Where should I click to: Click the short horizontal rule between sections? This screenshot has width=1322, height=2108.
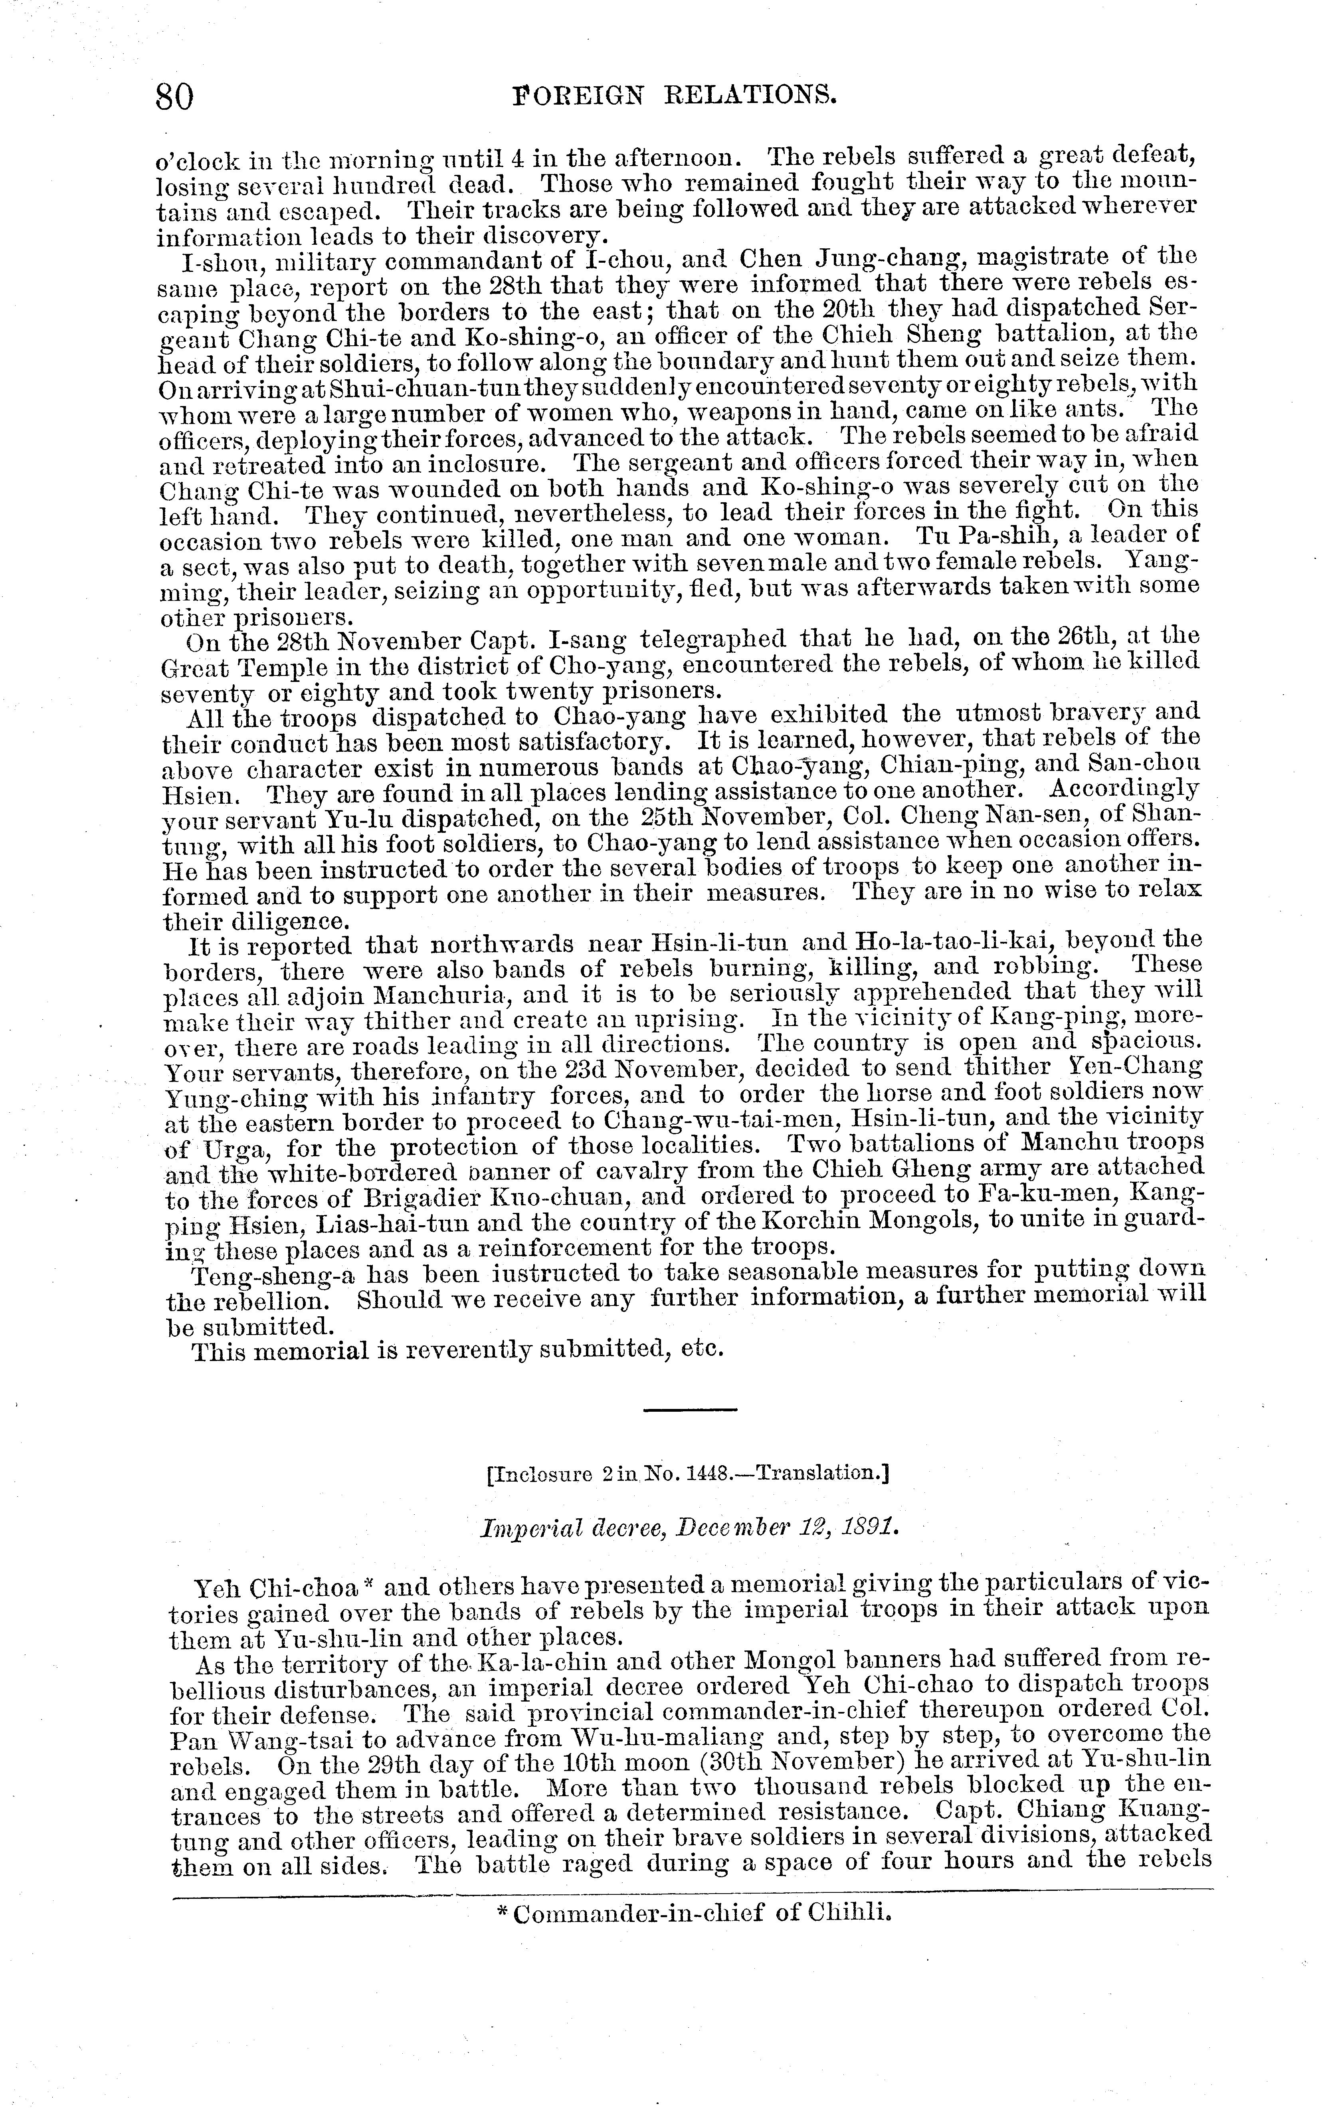tap(690, 1409)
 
